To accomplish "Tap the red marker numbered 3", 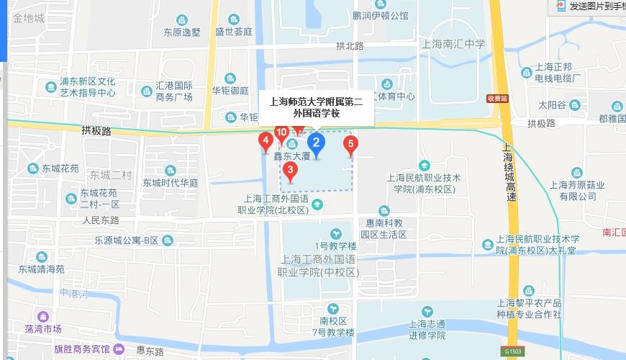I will pyautogui.click(x=290, y=171).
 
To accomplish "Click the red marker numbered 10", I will pyautogui.click(x=281, y=132).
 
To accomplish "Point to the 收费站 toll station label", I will pyautogui.click(x=496, y=99).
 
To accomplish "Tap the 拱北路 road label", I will pyautogui.click(x=350, y=45).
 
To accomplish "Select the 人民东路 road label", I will pyautogui.click(x=101, y=220).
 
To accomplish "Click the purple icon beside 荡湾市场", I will pyautogui.click(x=42, y=316).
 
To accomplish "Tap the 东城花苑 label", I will pyautogui.click(x=60, y=168).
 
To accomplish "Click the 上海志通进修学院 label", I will pyautogui.click(x=427, y=329).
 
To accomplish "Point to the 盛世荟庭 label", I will pyautogui.click(x=234, y=32).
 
